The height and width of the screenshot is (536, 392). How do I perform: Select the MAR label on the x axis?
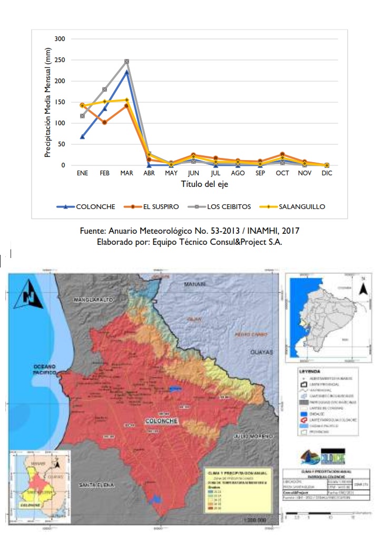126,173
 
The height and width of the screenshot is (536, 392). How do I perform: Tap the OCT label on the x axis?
282,173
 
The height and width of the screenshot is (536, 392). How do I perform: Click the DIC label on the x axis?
327,173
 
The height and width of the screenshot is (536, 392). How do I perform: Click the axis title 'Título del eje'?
204,185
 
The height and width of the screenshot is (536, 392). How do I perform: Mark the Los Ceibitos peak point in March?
126,62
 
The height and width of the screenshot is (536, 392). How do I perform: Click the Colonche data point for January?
82,137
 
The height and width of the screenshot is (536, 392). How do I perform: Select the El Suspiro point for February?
104,123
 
